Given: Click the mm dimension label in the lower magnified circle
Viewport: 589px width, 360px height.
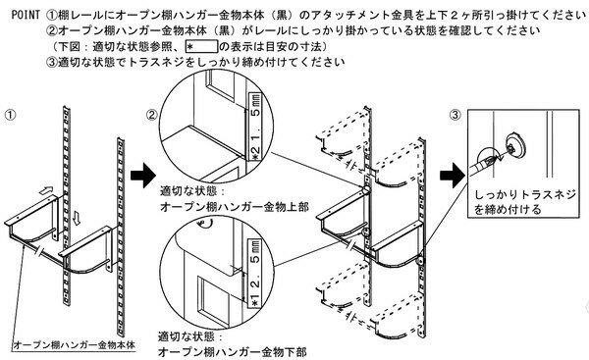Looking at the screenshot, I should click(x=252, y=280).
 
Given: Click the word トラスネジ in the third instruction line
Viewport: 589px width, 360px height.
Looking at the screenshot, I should click(x=148, y=65).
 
